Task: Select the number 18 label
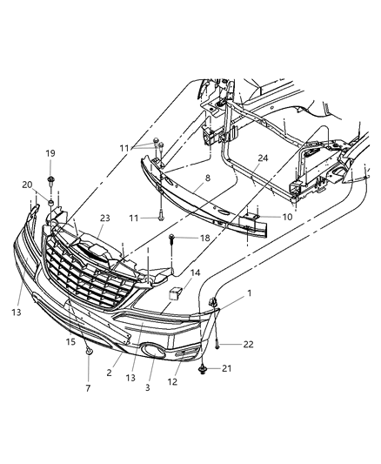coord(206,237)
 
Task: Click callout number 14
coord(195,272)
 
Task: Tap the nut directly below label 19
coord(51,181)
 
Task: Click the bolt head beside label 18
coord(174,237)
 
